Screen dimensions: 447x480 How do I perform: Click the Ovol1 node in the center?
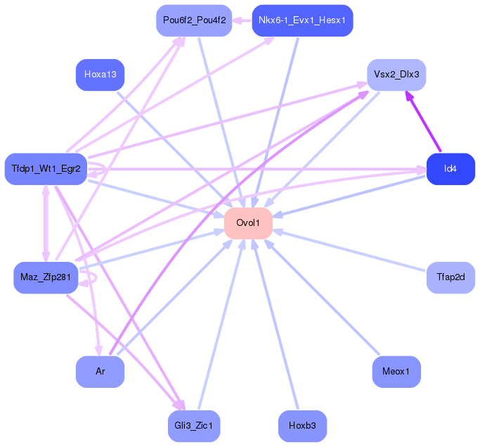coord(248,223)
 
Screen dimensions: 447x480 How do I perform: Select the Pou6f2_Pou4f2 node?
coord(194,20)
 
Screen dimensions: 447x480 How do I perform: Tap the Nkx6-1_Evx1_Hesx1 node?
coord(301,20)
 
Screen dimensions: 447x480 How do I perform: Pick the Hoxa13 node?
coord(100,74)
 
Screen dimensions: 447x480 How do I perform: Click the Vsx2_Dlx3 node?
coord(396,74)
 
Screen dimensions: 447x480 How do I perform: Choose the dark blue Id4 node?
coord(450,169)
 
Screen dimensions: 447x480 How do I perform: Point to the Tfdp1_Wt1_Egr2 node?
coord(46,169)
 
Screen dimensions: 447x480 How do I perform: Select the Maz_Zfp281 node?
coord(46,277)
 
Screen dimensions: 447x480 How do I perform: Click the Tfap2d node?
coord(450,277)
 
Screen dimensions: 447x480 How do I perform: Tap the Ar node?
coord(100,372)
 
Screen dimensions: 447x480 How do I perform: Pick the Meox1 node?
coord(396,372)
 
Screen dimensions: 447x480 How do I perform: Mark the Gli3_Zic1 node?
coord(194,426)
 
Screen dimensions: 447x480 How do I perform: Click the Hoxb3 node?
coord(302,426)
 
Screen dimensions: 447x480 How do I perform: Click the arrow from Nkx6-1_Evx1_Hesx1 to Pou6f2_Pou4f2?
coord(242,20)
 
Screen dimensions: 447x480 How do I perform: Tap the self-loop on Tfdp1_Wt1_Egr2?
coord(100,169)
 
